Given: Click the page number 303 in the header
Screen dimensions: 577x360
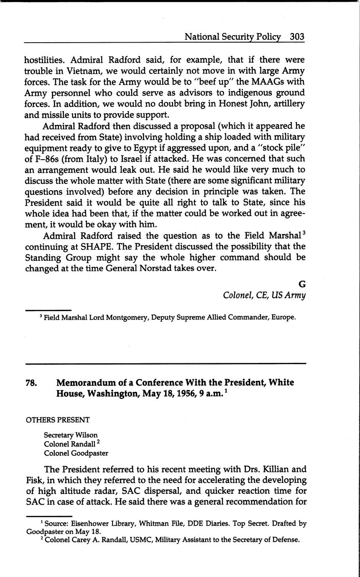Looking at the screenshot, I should coord(297,37).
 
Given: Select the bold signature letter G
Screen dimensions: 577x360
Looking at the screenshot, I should coord(302,284).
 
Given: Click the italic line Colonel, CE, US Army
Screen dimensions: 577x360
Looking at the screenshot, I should coord(264,295).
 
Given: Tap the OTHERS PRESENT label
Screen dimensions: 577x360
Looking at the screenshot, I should coord(58,420).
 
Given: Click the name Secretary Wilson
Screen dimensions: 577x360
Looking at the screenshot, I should coord(71,435).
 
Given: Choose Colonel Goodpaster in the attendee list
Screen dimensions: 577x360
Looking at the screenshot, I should coord(76,453).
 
